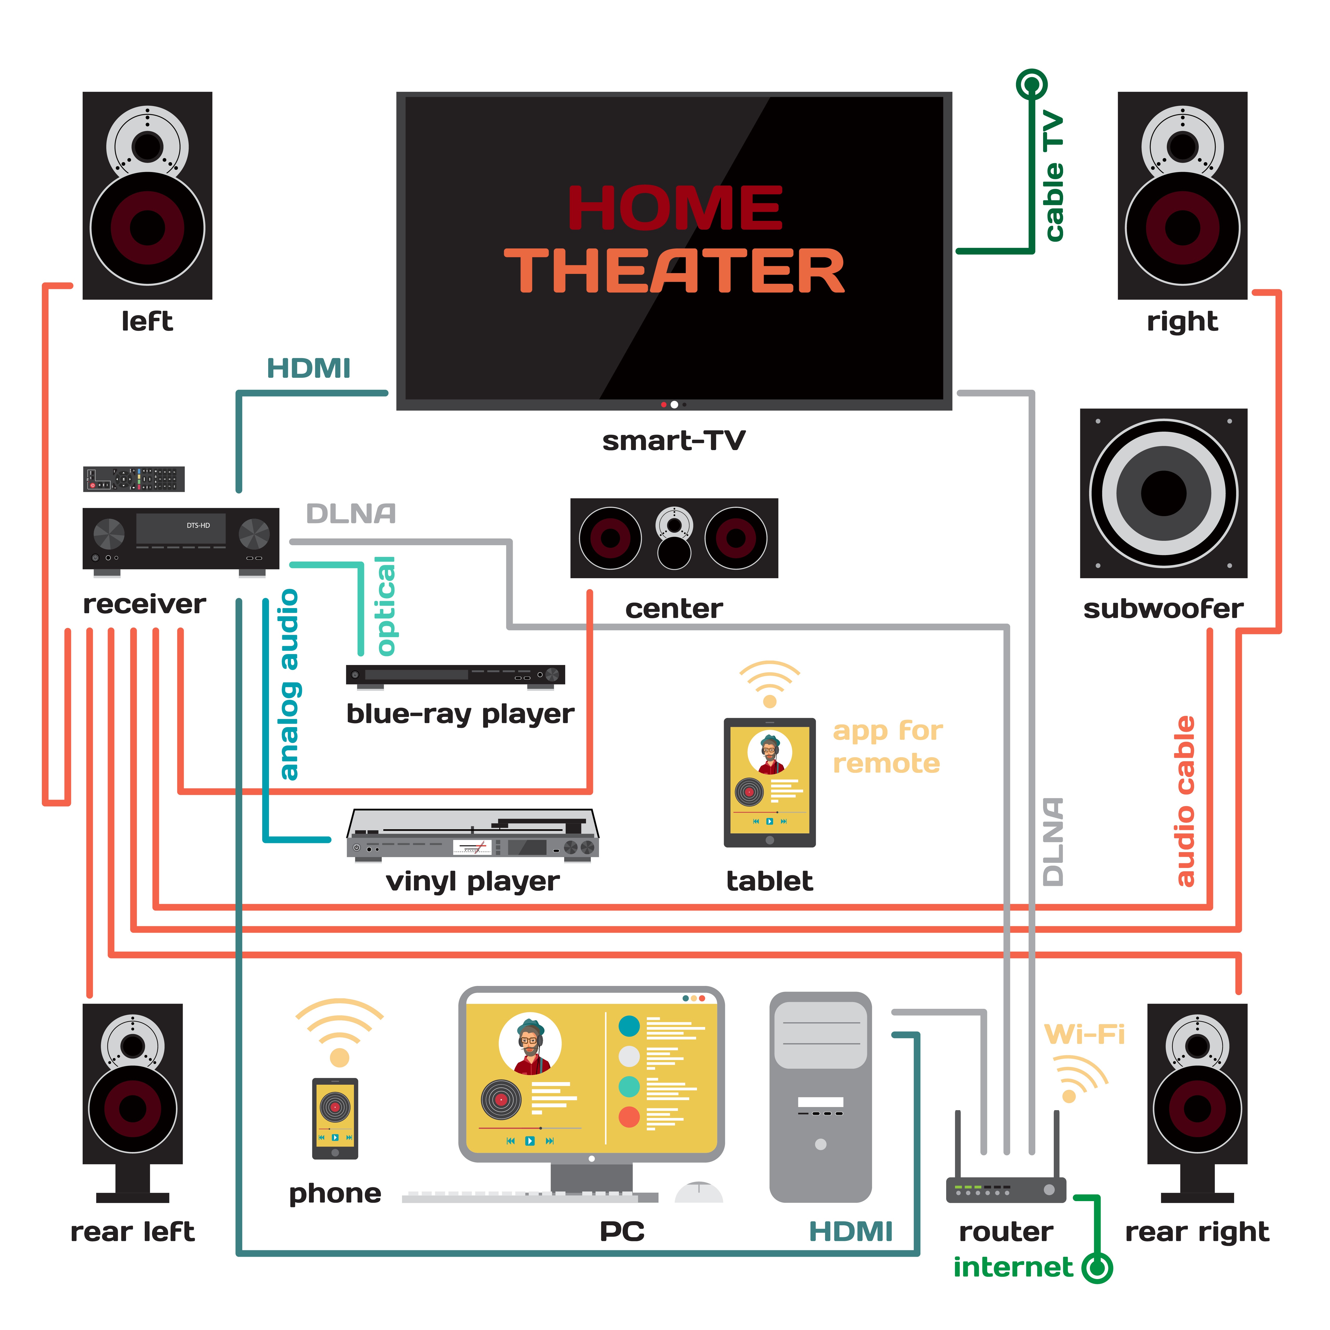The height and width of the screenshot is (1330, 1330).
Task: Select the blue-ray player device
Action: (x=455, y=675)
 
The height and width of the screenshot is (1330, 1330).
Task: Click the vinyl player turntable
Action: (x=472, y=834)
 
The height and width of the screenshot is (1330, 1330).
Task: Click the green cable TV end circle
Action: (x=1031, y=85)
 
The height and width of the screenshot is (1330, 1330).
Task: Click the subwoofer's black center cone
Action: (x=1163, y=493)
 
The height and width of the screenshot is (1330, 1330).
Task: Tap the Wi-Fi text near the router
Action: (x=1084, y=1034)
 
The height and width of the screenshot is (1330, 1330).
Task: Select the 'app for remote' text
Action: (x=887, y=747)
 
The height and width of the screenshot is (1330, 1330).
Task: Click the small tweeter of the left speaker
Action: (x=147, y=145)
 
